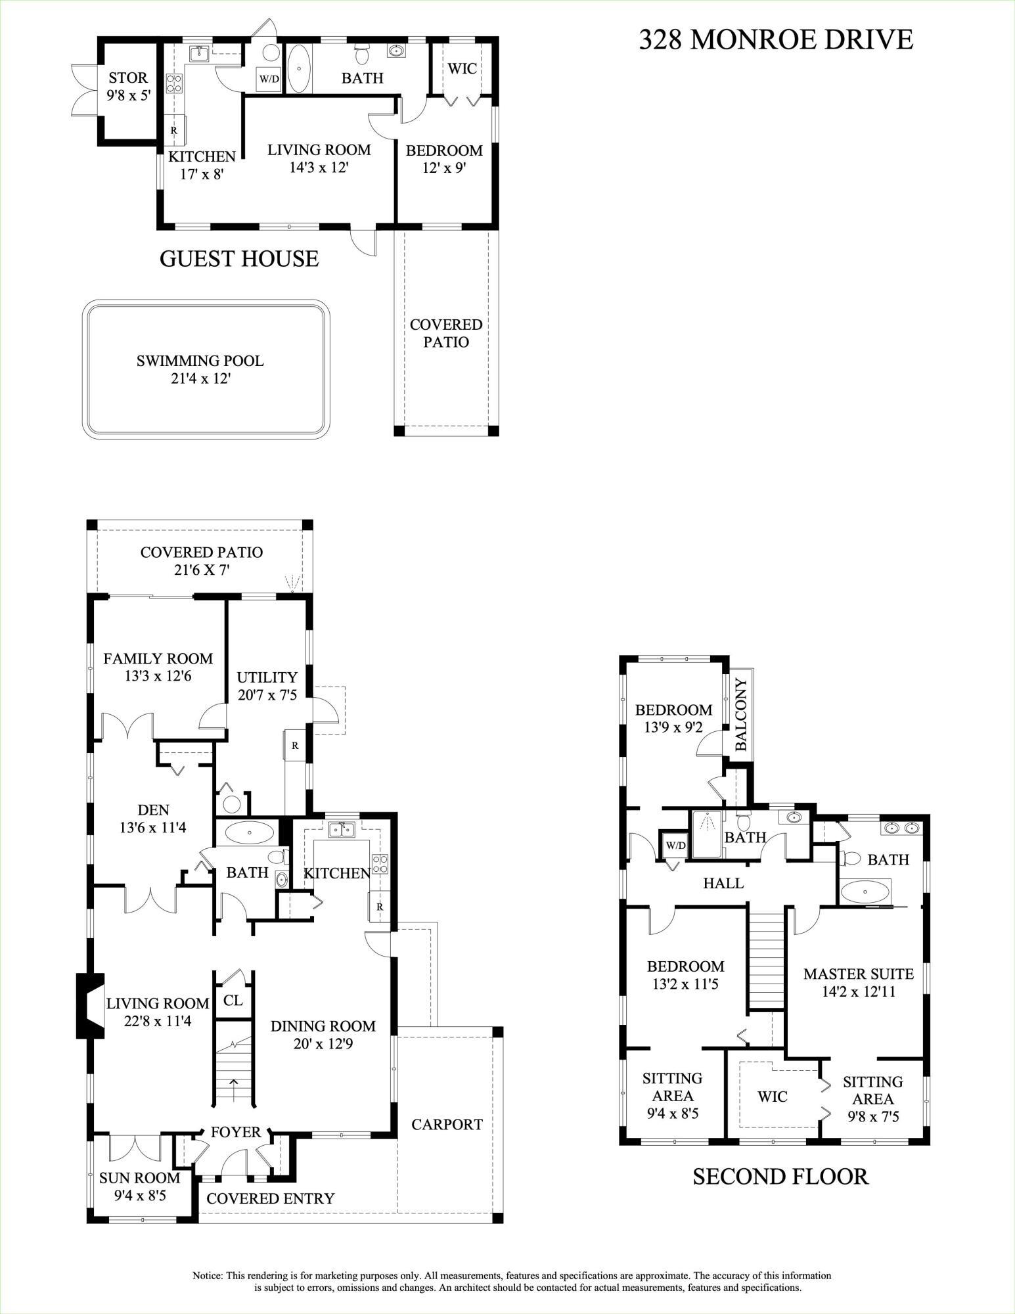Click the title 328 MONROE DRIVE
776,40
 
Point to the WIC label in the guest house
462,68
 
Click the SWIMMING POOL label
200,369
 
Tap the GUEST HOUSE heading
239,259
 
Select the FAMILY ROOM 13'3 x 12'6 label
158,667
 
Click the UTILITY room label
267,685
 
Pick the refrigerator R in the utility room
296,746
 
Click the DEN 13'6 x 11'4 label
153,819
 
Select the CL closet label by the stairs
233,1001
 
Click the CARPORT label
447,1125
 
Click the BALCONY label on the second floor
741,714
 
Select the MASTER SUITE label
859,982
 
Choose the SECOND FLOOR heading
780,1176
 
